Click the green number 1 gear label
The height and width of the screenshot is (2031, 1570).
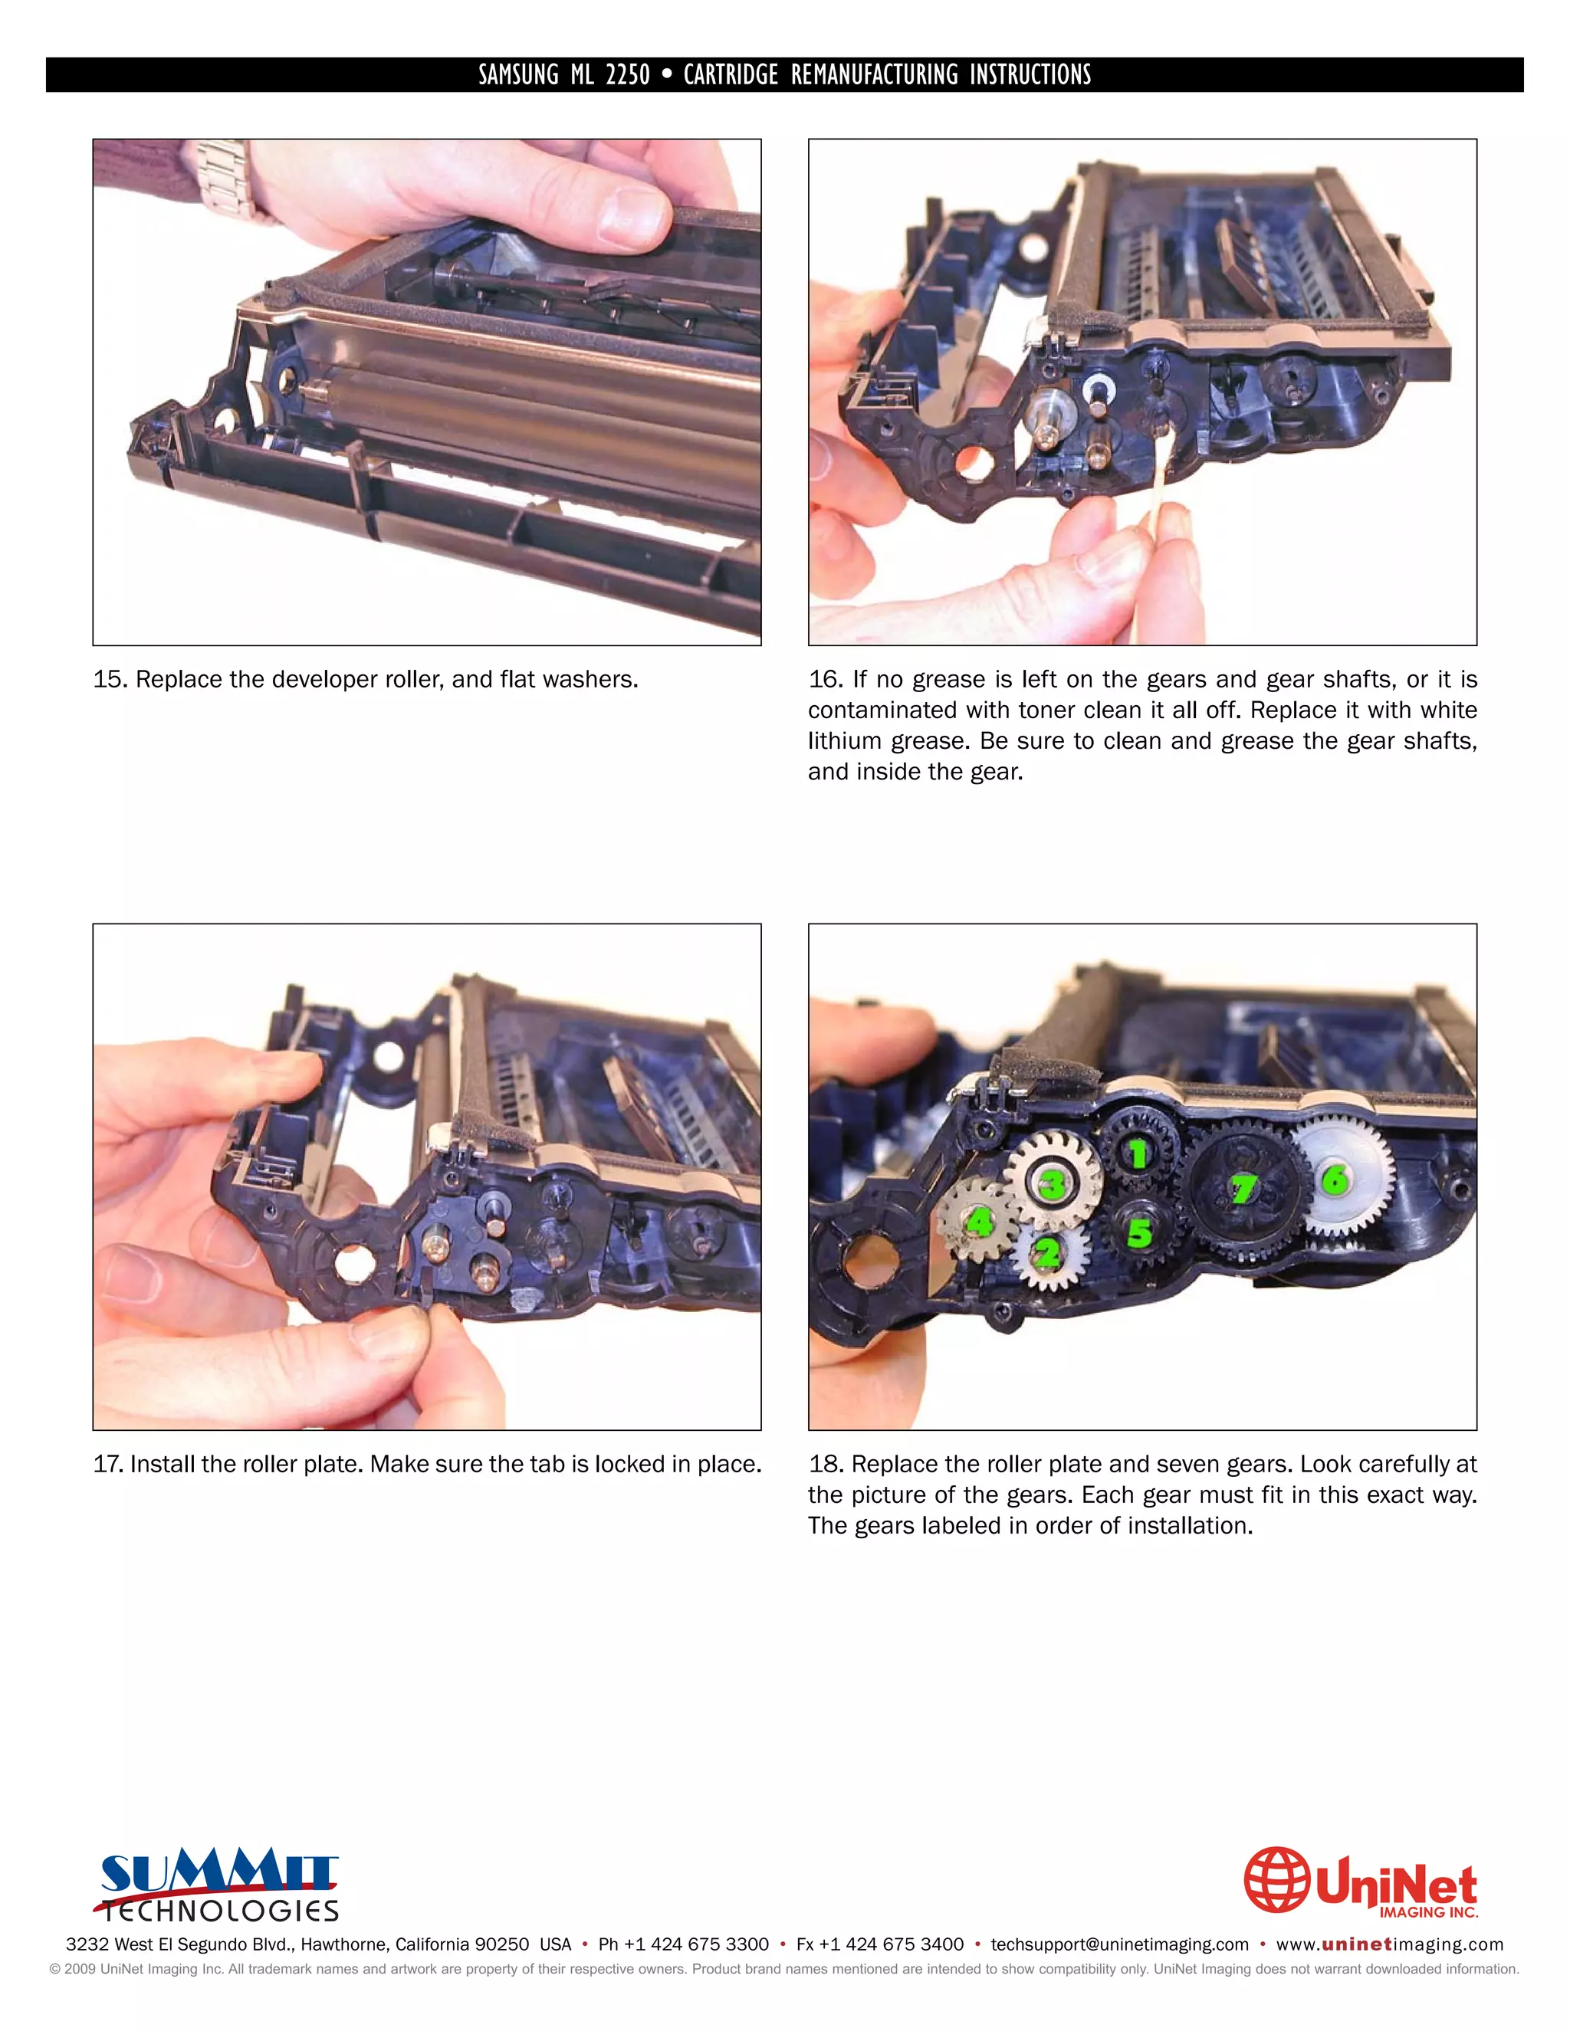[x=1138, y=1154]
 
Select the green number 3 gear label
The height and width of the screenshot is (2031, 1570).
[x=1052, y=1185]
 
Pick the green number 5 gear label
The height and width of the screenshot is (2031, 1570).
[x=1139, y=1233]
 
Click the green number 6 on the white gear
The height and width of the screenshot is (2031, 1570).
[x=1335, y=1180]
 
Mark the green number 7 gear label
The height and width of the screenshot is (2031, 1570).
[x=1243, y=1189]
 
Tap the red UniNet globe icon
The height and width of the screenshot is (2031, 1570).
[x=1276, y=1879]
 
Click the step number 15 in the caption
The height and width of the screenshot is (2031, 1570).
[x=109, y=680]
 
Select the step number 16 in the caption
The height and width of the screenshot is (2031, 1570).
[x=824, y=680]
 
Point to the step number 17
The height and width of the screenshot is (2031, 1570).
[x=107, y=1465]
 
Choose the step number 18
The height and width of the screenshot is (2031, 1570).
[x=824, y=1465]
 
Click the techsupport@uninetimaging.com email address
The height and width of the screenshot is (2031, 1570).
[x=1119, y=1944]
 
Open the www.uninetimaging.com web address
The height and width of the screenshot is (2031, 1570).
[x=1390, y=1944]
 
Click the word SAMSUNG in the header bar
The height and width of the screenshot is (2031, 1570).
[x=518, y=74]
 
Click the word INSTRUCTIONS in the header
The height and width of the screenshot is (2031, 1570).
[x=1030, y=74]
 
